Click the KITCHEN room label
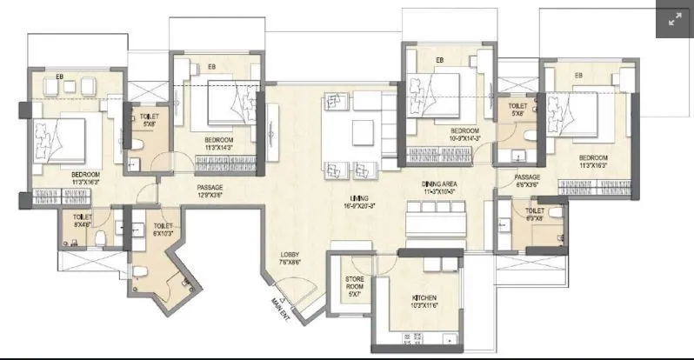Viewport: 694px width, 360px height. [424, 302]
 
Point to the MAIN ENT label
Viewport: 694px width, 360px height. [279, 305]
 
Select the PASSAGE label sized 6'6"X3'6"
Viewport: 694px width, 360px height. [528, 181]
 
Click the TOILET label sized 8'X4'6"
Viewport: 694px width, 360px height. [83, 221]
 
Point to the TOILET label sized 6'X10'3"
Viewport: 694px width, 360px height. [163, 230]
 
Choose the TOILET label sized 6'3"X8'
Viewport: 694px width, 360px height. [535, 214]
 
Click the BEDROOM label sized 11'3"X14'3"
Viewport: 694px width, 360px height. [218, 143]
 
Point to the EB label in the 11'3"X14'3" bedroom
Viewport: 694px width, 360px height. [211, 66]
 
